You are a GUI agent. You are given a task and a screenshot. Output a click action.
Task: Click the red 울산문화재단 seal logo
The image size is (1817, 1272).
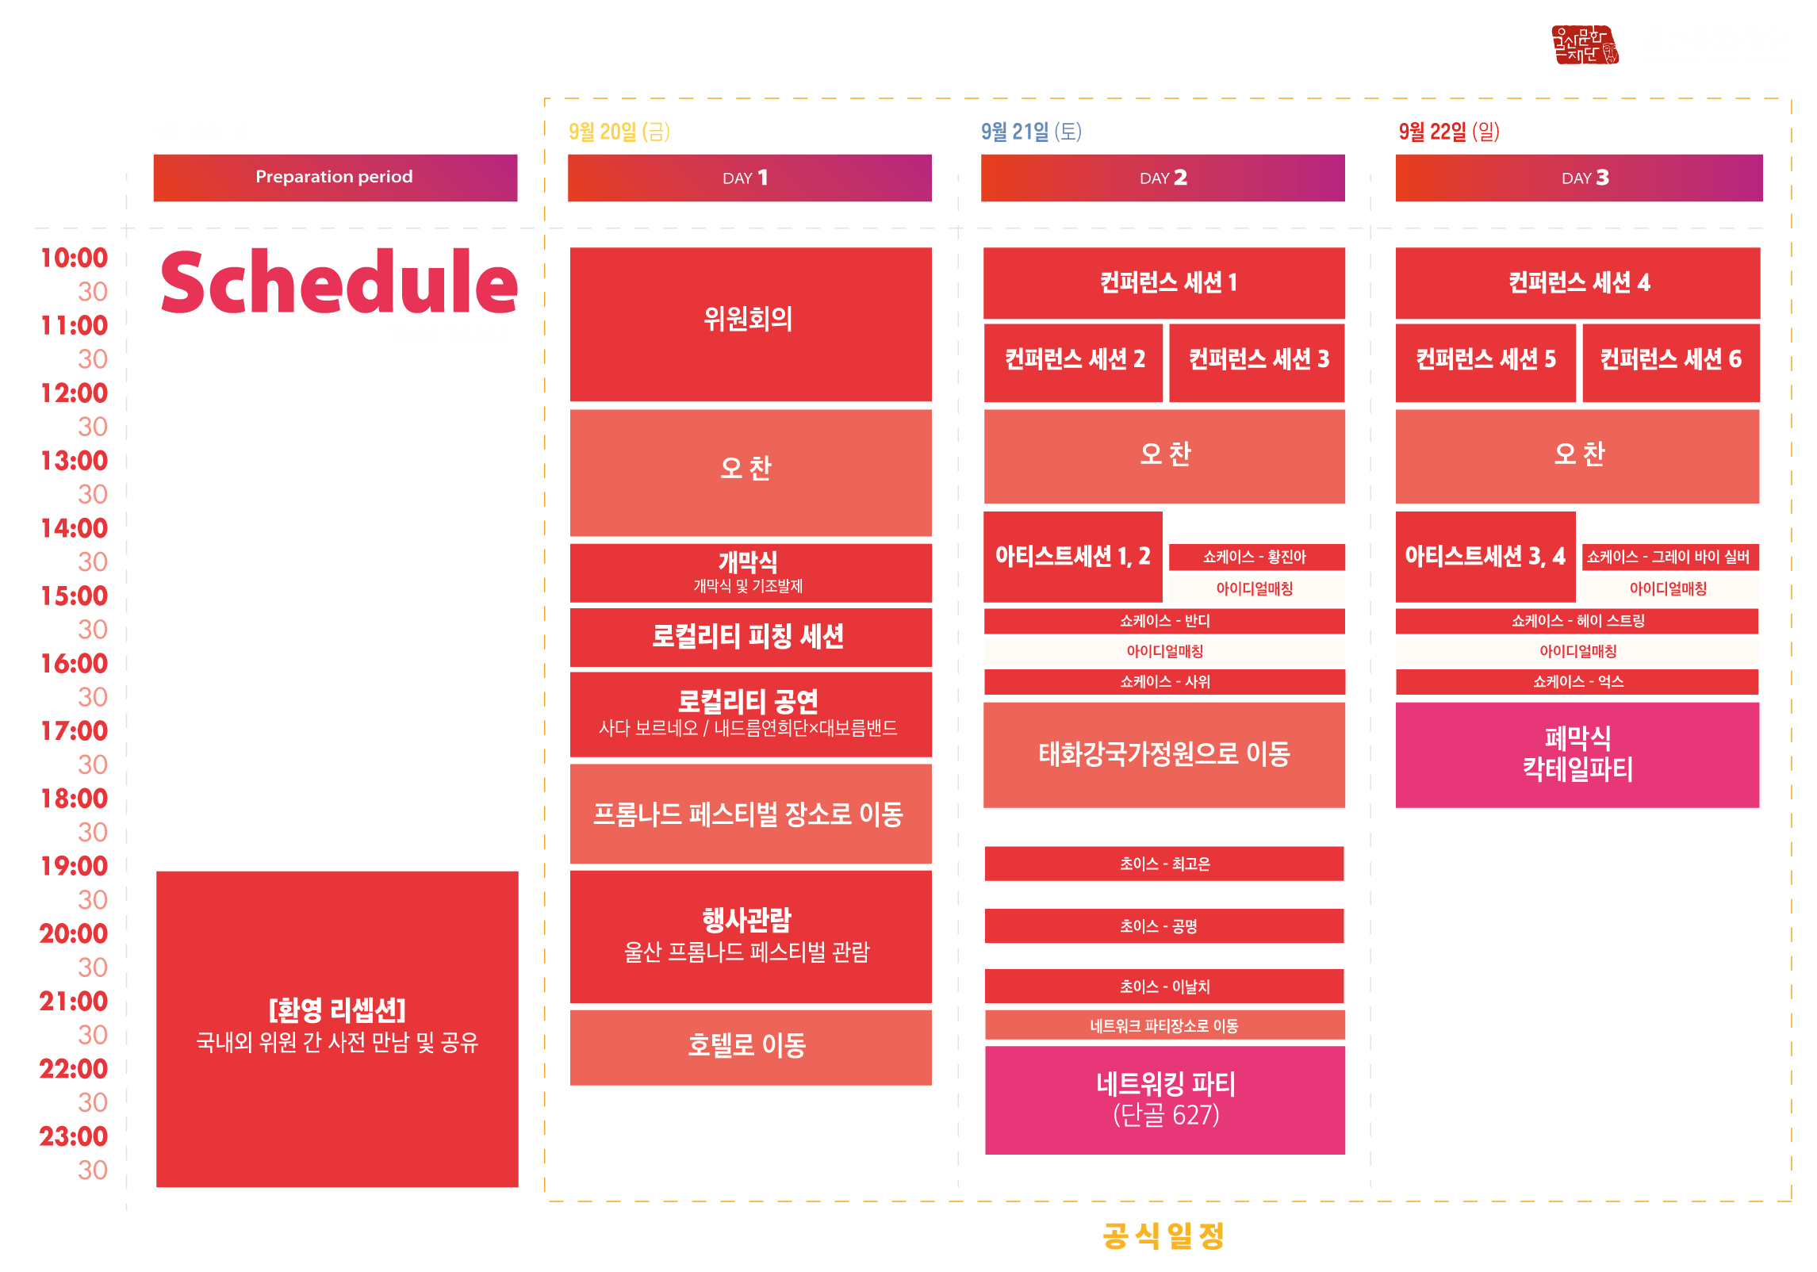(1584, 44)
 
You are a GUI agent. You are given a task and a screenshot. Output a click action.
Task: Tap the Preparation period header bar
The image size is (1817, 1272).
(335, 178)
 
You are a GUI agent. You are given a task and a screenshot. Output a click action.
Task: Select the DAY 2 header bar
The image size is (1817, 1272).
(1163, 178)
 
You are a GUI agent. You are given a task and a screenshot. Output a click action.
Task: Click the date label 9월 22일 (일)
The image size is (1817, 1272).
(1448, 132)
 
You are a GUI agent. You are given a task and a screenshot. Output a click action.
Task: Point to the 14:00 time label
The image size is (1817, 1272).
(74, 528)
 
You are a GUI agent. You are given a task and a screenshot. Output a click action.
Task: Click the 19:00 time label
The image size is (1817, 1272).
(74, 866)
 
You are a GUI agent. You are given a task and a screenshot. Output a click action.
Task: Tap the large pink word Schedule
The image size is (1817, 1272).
(339, 283)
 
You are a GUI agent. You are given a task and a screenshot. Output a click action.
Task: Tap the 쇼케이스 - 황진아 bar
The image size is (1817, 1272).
(1256, 557)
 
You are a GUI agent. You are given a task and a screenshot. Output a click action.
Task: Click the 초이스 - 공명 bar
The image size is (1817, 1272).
(1163, 926)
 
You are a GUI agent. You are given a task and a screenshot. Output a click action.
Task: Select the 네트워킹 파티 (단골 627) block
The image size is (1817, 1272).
(1164, 1100)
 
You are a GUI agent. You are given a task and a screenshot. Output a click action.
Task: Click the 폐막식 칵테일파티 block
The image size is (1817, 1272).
(1577, 754)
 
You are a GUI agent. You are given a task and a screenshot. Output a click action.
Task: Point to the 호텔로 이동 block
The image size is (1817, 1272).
(750, 1046)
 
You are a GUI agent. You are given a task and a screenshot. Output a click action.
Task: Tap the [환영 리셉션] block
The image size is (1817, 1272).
(337, 1028)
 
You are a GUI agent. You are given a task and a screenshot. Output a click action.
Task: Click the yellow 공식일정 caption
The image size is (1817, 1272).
(1163, 1236)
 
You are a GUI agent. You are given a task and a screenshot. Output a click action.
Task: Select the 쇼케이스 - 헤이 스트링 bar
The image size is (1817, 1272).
(1577, 621)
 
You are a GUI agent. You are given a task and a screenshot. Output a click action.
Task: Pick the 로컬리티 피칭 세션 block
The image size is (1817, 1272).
(750, 637)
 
